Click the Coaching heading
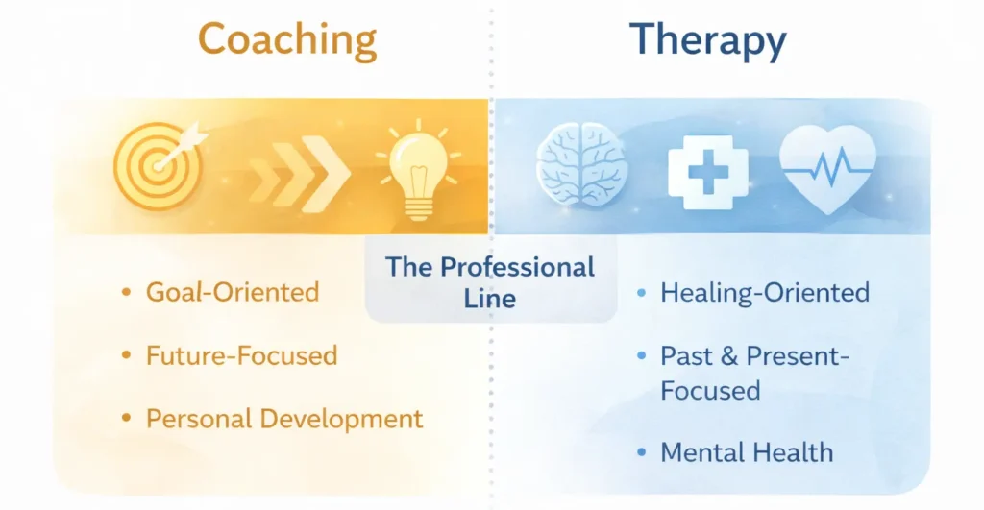pyautogui.click(x=286, y=40)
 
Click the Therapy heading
pyautogui.click(x=707, y=40)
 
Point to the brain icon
pyautogui.click(x=582, y=165)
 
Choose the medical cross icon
pyautogui.click(x=707, y=167)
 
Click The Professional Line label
pyautogui.click(x=490, y=281)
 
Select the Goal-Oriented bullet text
pyautogui.click(x=232, y=292)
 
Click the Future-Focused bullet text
pyautogui.click(x=241, y=355)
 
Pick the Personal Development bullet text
pyautogui.click(x=284, y=419)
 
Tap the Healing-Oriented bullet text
pyautogui.click(x=765, y=292)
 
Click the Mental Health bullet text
pyautogui.click(x=747, y=451)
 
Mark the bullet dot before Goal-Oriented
pyautogui.click(x=125, y=292)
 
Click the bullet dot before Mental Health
pyautogui.click(x=642, y=452)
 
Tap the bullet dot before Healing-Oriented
pyautogui.click(x=642, y=293)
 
